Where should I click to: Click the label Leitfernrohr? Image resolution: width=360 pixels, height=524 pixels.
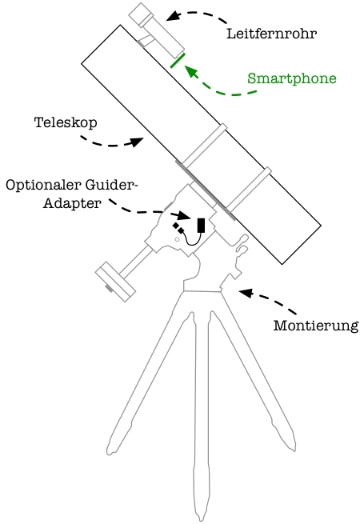click(x=271, y=34)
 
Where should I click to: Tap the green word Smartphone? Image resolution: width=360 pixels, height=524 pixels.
click(x=291, y=78)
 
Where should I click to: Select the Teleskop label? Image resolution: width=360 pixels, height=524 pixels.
click(x=66, y=122)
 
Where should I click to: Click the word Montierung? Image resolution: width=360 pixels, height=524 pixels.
click(x=315, y=326)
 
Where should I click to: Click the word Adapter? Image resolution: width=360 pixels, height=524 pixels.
click(x=72, y=203)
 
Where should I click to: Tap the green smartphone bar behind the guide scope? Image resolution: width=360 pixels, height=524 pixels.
click(x=178, y=61)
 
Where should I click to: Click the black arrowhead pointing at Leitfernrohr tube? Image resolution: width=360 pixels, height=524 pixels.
click(x=173, y=16)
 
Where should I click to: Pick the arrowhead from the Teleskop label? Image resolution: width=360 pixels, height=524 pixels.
click(x=136, y=142)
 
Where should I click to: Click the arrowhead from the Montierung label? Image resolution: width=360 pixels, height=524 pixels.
click(x=246, y=293)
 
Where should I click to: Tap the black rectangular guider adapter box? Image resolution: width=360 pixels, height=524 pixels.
click(x=202, y=226)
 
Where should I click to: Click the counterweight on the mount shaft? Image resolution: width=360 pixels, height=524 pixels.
click(x=115, y=282)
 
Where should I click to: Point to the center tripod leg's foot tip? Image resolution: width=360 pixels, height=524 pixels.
click(x=202, y=520)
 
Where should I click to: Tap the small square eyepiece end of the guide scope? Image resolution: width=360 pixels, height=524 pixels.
click(x=141, y=14)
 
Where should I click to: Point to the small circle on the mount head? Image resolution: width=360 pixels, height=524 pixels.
click(x=178, y=239)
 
